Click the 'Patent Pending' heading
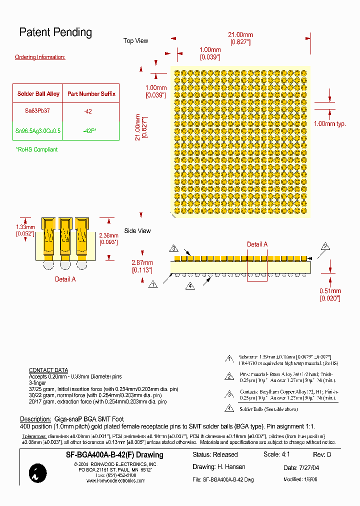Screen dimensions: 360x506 click(x=55, y=32)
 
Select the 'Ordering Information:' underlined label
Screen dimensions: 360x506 click(x=40, y=57)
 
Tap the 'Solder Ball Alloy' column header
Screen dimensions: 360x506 click(x=38, y=93)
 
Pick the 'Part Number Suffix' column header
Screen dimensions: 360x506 click(x=91, y=93)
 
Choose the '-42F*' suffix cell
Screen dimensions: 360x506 click(x=89, y=130)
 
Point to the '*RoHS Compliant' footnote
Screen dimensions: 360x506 click(x=36, y=149)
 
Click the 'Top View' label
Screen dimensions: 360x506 click(x=135, y=40)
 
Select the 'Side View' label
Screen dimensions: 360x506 click(x=137, y=231)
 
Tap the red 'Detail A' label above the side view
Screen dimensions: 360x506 click(x=257, y=244)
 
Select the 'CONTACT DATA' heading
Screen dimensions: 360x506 click(x=48, y=370)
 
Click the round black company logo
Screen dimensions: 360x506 click(x=38, y=472)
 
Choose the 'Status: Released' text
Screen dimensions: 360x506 click(x=215, y=454)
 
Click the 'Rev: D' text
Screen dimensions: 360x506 click(x=322, y=454)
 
